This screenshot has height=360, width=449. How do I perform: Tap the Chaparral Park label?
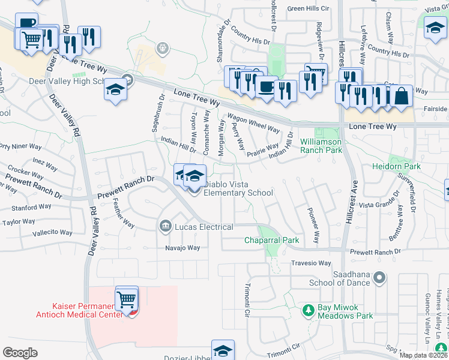(x=271, y=241)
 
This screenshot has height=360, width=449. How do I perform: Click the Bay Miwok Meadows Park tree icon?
(x=308, y=311)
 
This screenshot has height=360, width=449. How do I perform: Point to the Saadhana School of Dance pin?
(x=379, y=277)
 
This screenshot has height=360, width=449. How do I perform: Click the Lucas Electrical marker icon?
(x=165, y=227)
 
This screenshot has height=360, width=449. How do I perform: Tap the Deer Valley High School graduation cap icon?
(x=115, y=90)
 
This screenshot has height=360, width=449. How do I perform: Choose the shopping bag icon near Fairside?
(x=401, y=97)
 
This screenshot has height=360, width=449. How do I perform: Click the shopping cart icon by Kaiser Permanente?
(x=127, y=298)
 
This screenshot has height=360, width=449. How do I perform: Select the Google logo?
(x=20, y=353)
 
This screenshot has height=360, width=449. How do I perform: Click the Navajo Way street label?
(x=183, y=248)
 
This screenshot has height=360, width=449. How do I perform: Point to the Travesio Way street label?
(x=311, y=263)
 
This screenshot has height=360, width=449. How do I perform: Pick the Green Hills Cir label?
(x=309, y=9)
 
